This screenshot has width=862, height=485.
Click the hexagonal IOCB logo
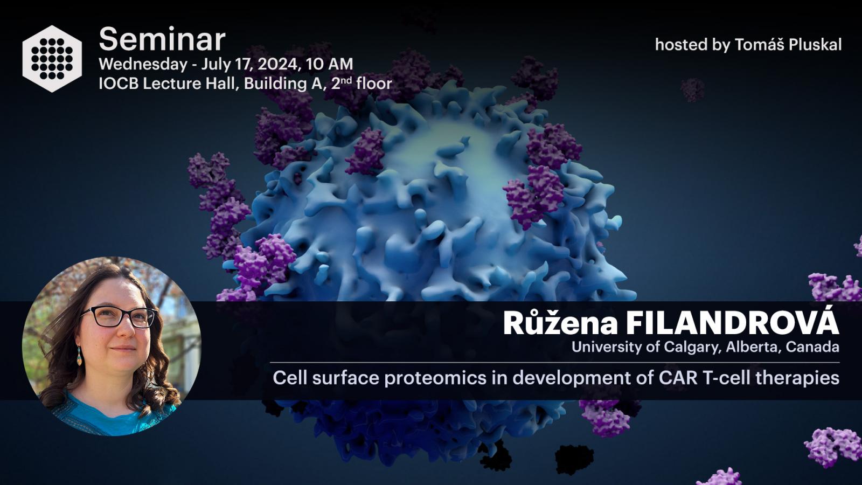coord(52,59)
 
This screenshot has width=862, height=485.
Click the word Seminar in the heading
coord(162,39)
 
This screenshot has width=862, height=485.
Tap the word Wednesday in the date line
coord(143,64)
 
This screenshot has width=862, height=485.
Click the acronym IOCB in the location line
coord(119,84)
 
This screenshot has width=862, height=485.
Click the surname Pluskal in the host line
coord(815,45)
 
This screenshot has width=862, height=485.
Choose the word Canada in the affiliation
coord(812,347)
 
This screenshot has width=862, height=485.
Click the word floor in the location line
coord(374,84)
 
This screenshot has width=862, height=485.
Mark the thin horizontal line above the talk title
coord(554,363)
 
